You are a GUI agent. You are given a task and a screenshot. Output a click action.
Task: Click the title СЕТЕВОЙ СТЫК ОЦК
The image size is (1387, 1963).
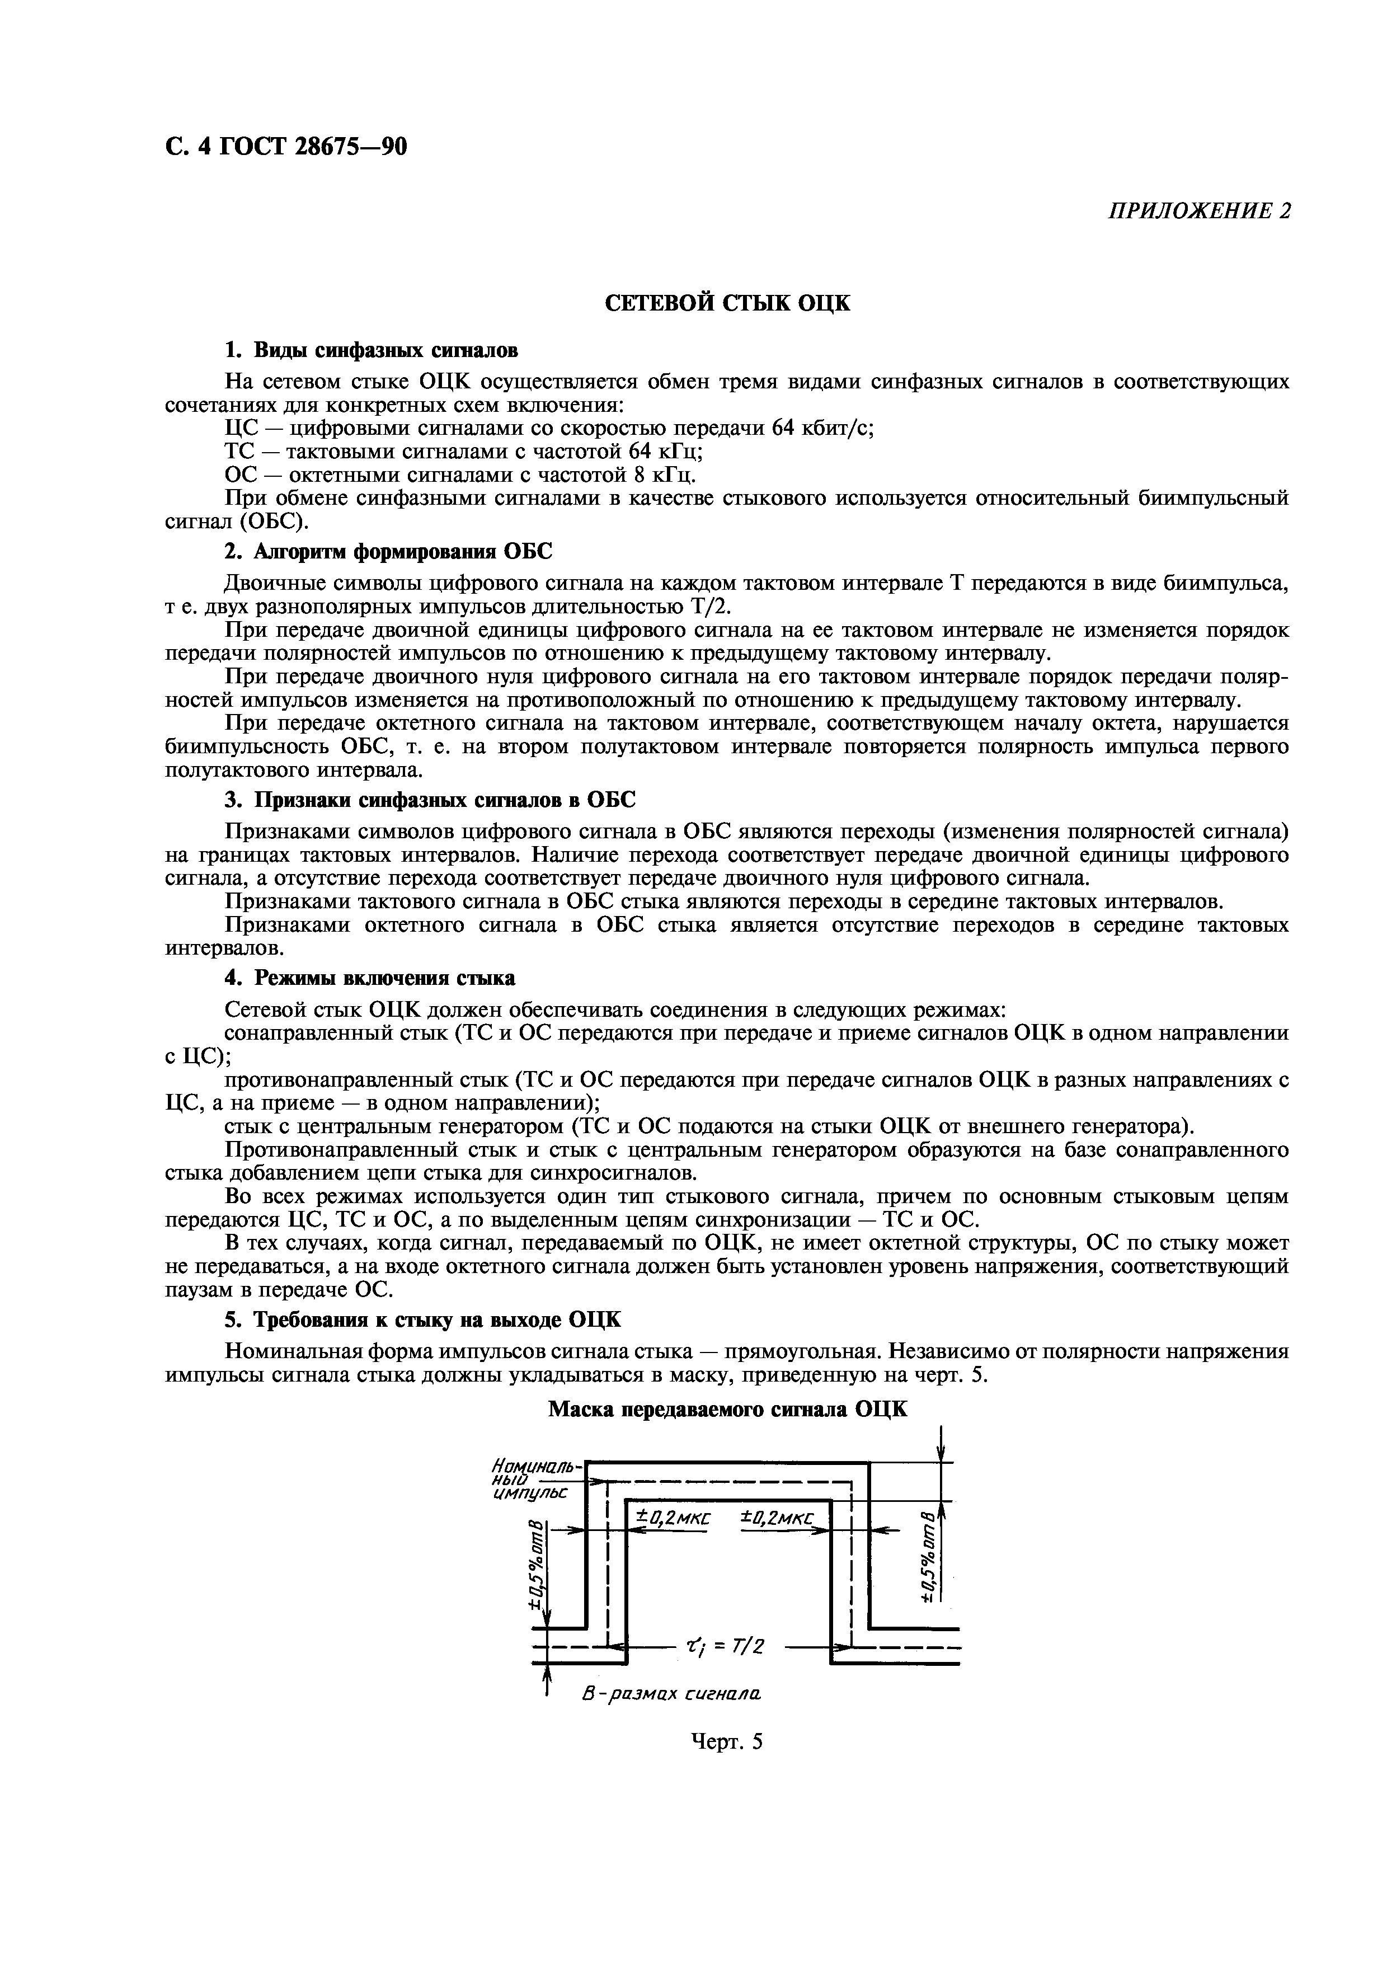(x=727, y=303)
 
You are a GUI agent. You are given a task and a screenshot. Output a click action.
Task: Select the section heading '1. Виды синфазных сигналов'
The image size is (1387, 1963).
(x=371, y=350)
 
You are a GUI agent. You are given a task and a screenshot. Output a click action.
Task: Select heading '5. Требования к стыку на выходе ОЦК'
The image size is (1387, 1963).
(x=422, y=1320)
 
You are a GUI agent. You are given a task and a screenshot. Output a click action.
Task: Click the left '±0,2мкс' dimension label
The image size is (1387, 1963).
(x=673, y=1519)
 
